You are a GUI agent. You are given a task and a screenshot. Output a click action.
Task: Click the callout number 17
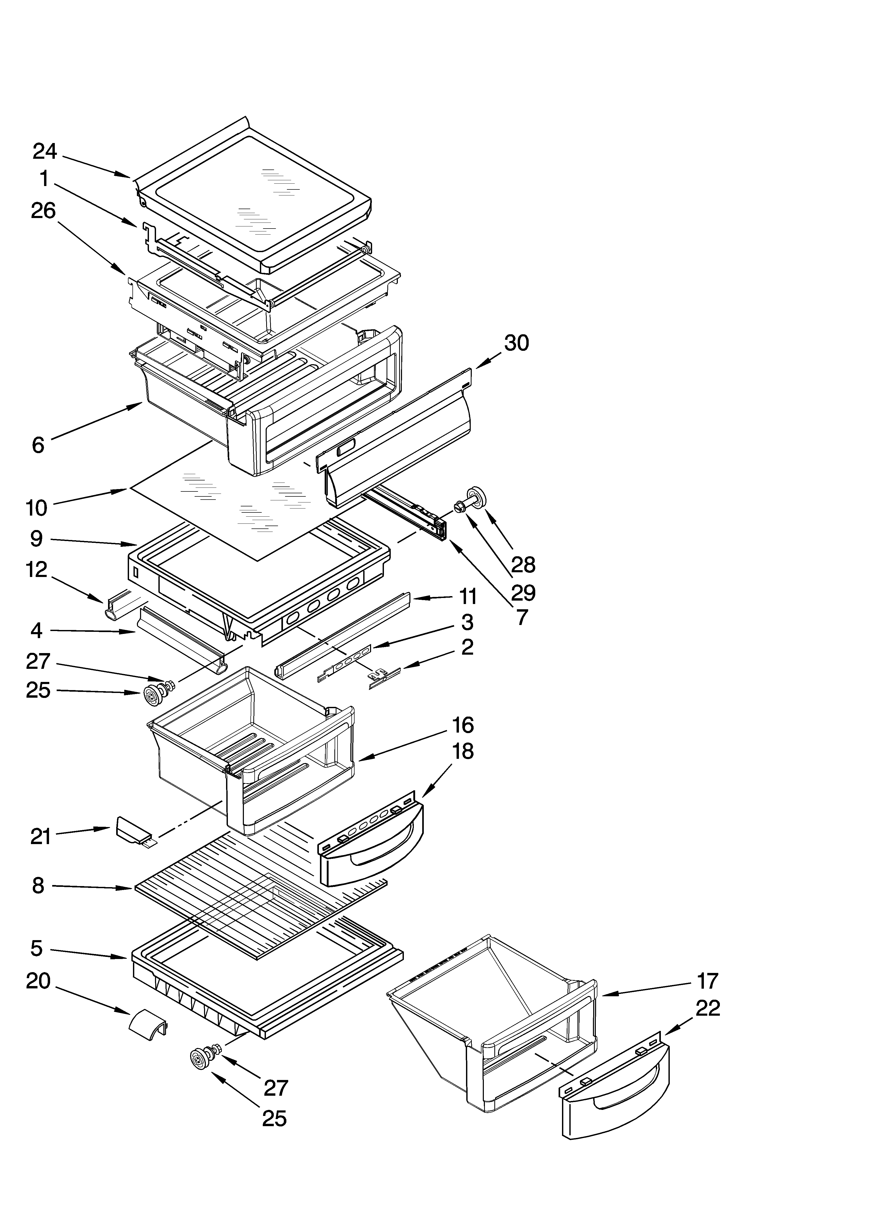click(707, 981)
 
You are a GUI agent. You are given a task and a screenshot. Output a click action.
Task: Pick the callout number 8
click(38, 886)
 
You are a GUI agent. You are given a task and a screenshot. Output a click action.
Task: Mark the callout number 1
click(44, 179)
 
